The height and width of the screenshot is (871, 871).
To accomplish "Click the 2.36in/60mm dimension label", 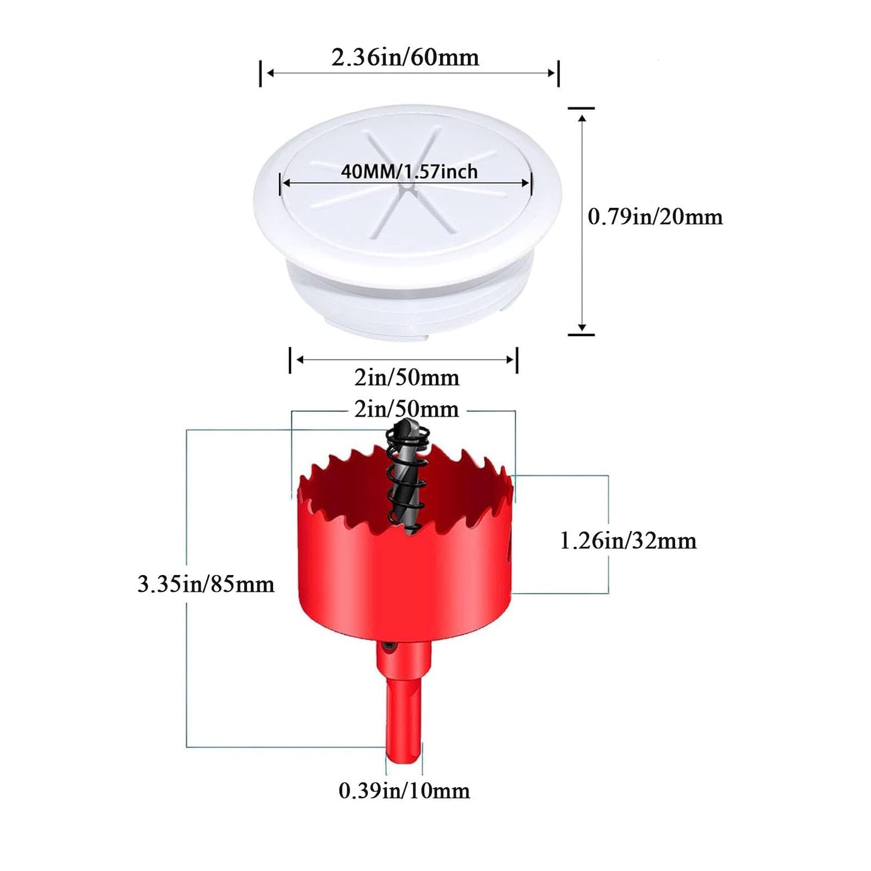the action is tap(405, 58).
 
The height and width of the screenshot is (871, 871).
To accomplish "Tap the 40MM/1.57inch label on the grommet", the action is tap(409, 172).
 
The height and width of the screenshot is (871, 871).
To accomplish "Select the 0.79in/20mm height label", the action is tap(655, 218).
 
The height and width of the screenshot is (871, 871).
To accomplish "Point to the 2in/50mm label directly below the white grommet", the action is tap(406, 378).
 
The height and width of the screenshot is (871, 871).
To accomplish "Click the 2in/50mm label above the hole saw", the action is tap(406, 409).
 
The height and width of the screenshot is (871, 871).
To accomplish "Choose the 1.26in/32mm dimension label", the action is tap(628, 541).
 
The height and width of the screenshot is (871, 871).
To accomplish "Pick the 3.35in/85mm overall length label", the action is tap(206, 585).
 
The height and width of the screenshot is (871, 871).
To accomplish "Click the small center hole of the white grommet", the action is tap(406, 185).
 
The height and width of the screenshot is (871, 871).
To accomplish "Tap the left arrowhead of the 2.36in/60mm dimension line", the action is tap(270, 73).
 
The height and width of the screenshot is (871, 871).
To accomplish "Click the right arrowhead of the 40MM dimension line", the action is tap(526, 183).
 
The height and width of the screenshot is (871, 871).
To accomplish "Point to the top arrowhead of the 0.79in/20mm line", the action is tap(582, 118).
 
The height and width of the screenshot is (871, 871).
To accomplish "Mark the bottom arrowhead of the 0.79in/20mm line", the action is tap(582, 327).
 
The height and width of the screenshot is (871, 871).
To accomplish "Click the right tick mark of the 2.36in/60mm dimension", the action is tap(559, 73).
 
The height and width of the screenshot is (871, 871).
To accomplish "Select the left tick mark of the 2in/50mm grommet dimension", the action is tap(290, 360).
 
